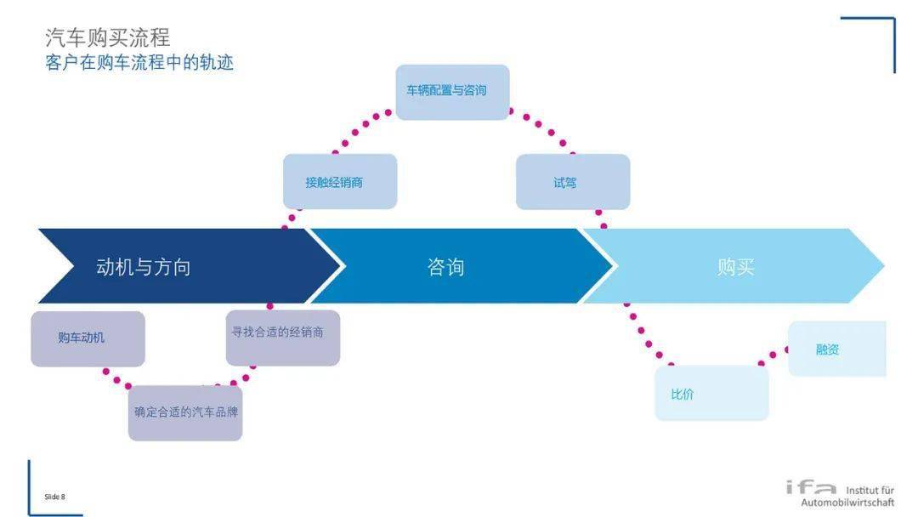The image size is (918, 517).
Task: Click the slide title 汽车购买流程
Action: coord(107,37)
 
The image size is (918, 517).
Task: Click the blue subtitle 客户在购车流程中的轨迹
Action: coord(139,62)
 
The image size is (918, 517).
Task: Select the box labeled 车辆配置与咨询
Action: coord(452,91)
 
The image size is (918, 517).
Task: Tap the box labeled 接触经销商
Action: coord(339,181)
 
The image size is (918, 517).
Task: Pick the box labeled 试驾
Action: coord(572,181)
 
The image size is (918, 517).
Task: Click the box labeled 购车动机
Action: coord(88,338)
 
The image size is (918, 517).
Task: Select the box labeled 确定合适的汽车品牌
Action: coord(185,413)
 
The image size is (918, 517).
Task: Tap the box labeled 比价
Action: coord(711,393)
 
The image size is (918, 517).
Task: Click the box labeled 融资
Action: coord(836,349)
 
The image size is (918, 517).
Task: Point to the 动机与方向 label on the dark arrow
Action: coord(144,267)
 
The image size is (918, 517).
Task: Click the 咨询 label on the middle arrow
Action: coord(445,267)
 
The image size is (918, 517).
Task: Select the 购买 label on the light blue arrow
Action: coord(735,267)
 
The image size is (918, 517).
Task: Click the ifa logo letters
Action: coord(811,487)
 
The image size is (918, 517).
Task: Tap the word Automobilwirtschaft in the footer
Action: coord(847,503)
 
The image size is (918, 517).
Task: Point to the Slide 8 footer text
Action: coord(54,497)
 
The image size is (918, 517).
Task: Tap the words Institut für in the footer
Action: coord(870,491)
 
